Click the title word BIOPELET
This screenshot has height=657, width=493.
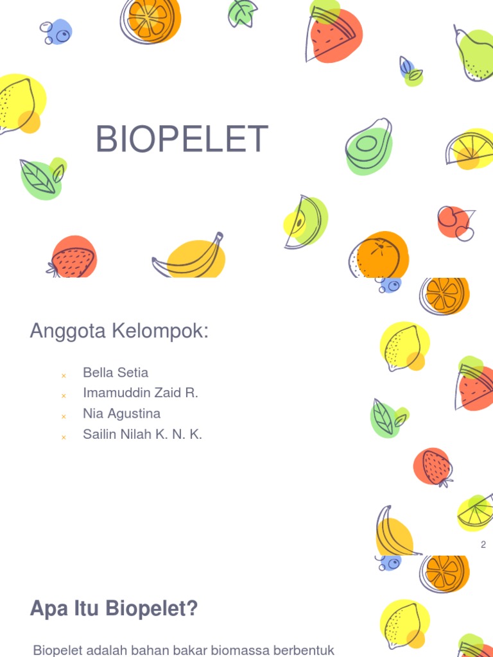[x=182, y=139]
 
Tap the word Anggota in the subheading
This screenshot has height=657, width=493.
[x=68, y=332]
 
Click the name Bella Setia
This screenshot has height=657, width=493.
[x=116, y=373]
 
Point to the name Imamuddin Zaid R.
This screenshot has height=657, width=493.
[x=141, y=393]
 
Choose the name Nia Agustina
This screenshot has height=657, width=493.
[x=121, y=414]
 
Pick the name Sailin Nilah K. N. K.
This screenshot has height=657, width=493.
[x=143, y=434]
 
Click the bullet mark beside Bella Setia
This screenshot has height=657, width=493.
[x=64, y=375]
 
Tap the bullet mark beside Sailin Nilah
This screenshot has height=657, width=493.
[x=64, y=437]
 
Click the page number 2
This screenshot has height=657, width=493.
[x=483, y=545]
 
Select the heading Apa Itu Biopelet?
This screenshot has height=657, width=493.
[x=114, y=608]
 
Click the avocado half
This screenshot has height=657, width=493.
[x=368, y=146]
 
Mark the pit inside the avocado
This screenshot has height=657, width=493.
[x=366, y=143]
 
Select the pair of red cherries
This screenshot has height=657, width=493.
[x=456, y=222]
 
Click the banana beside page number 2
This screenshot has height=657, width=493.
[x=392, y=531]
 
